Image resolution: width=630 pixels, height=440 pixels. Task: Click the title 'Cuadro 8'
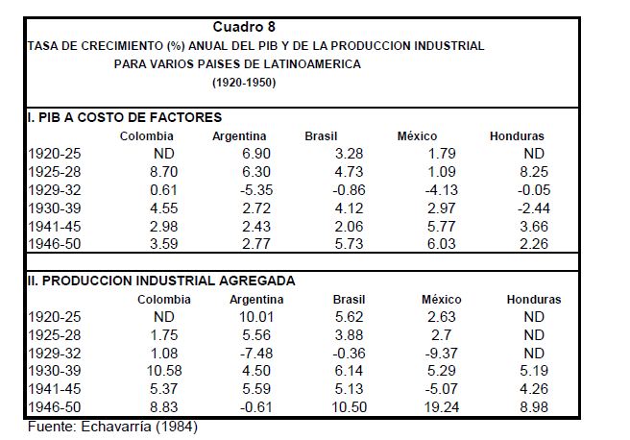point(244,27)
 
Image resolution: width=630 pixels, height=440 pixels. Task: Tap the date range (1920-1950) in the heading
point(243,83)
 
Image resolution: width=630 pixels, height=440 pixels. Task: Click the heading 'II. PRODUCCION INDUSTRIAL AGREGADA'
point(160,281)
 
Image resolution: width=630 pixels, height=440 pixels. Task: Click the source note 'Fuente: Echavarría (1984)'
point(116,426)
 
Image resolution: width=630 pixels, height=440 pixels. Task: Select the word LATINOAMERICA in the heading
point(319,63)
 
